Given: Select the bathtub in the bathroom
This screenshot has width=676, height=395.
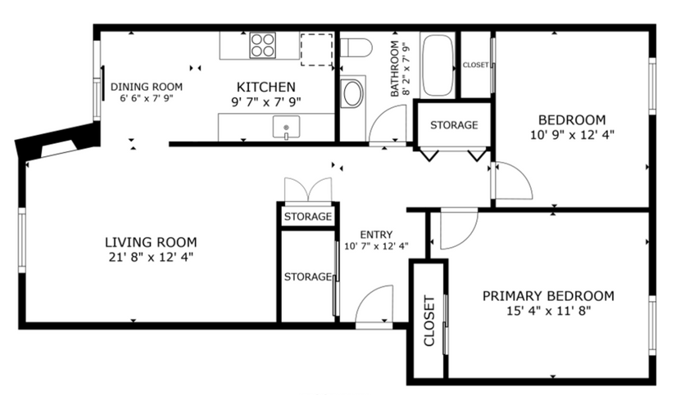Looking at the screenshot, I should click(x=438, y=65).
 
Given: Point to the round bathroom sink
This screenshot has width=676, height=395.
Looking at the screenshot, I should click(x=353, y=93).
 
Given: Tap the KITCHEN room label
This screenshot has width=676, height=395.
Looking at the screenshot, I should click(x=265, y=87).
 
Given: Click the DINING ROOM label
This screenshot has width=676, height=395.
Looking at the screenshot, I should click(x=147, y=86).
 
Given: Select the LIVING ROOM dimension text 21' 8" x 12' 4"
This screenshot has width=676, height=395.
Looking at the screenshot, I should click(x=151, y=257).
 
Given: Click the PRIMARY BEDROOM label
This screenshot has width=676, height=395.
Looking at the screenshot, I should click(x=547, y=295).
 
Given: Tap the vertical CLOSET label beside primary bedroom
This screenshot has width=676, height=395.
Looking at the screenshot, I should click(x=429, y=321).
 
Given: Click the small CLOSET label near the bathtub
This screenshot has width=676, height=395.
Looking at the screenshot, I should click(x=475, y=65).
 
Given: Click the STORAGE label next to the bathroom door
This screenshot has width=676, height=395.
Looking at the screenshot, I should click(x=453, y=125).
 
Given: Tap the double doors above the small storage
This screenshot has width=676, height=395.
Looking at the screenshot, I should click(x=307, y=190).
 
